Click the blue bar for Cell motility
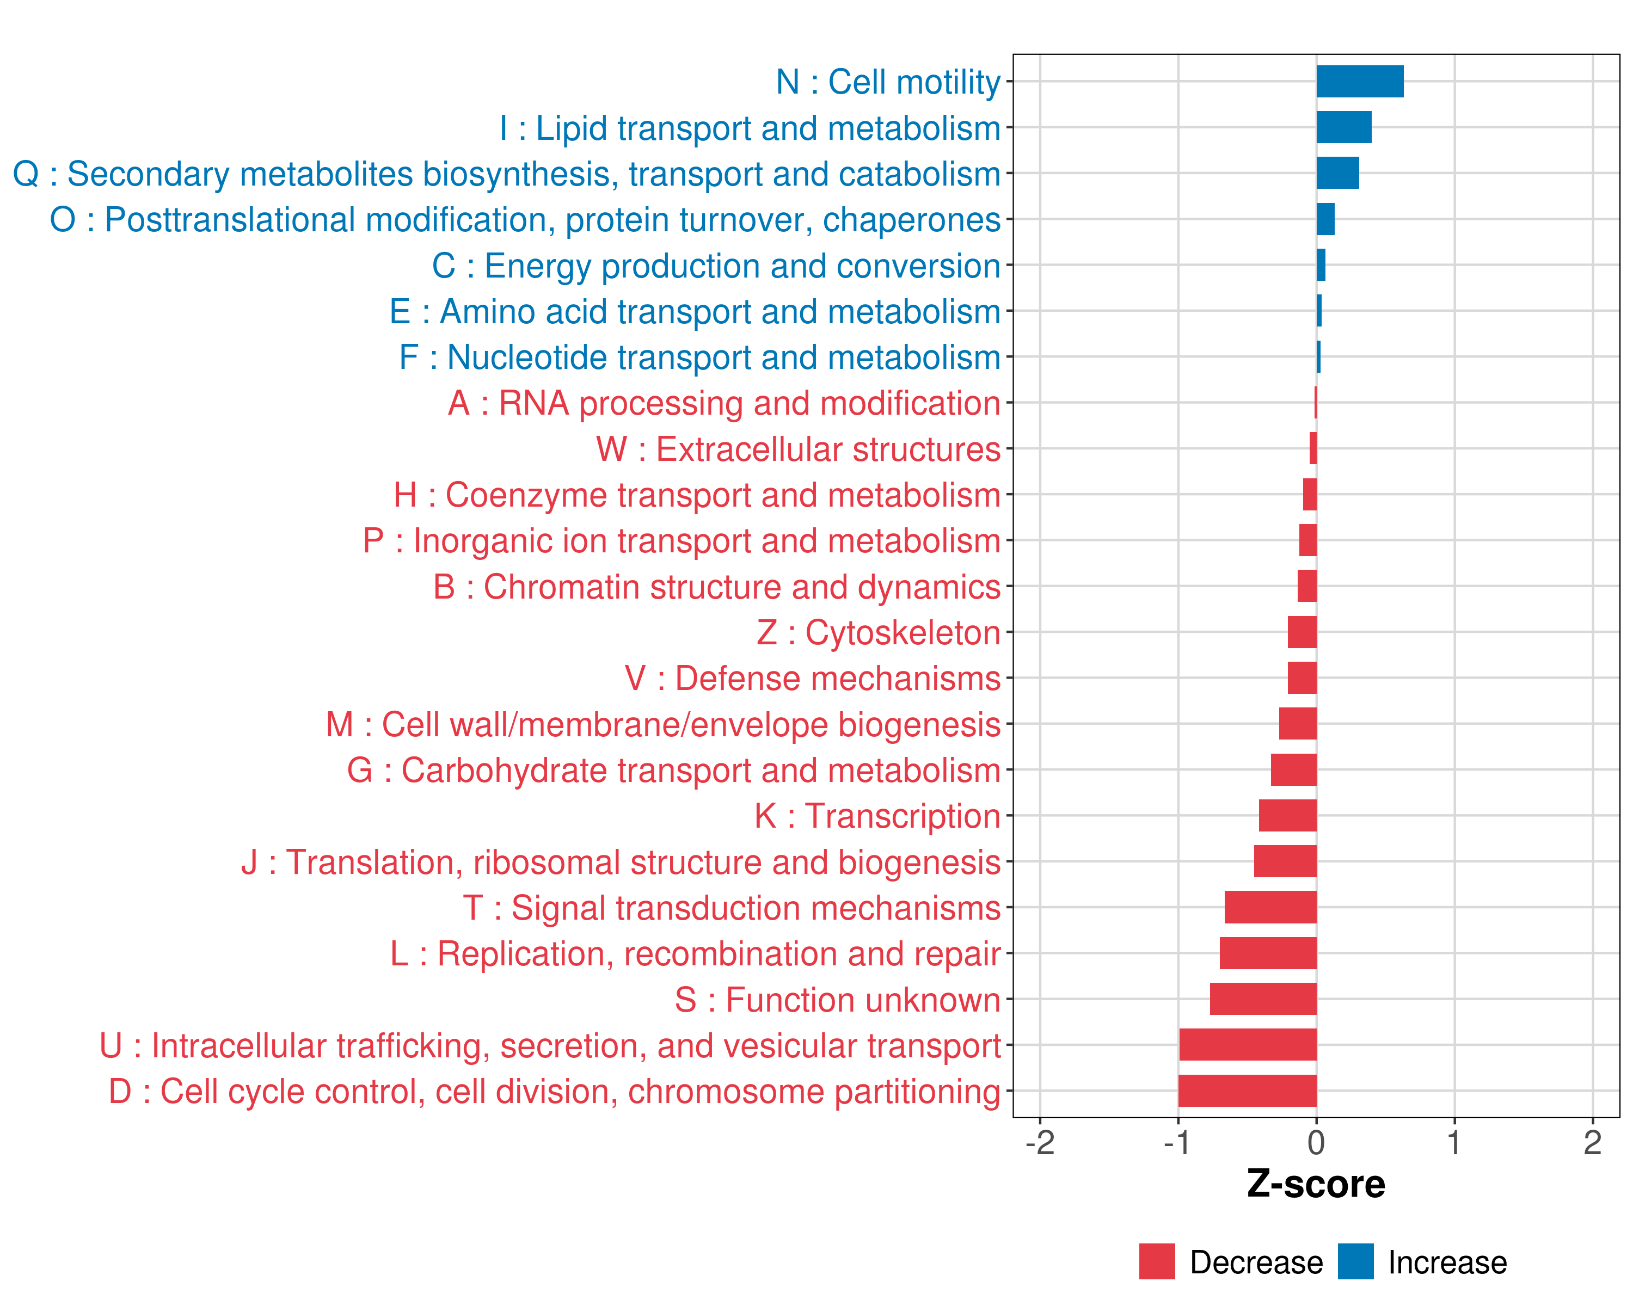coord(1360,82)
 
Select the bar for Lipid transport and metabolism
coord(1343,127)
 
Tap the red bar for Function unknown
coord(1263,999)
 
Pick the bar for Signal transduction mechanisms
coord(1270,907)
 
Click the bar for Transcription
coord(1287,815)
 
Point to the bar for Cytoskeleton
coord(1302,632)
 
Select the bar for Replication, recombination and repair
coord(1268,953)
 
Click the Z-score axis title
coord(1316,1184)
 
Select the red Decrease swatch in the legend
coord(1157,1261)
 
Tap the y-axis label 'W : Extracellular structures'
coord(799,449)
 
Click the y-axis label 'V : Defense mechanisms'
coord(813,679)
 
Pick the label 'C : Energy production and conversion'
coord(716,266)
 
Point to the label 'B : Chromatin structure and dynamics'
coord(716,587)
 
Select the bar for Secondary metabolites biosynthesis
coord(1337,174)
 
